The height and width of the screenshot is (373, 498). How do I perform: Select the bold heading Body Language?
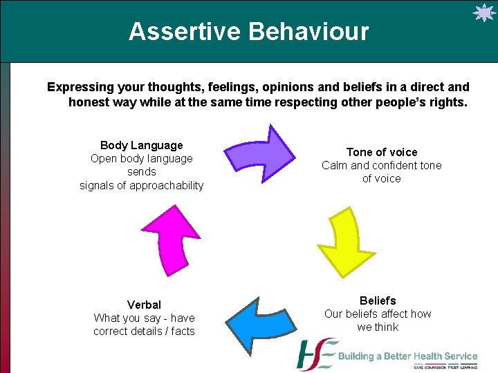[141, 145]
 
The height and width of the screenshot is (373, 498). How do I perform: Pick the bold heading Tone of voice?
[382, 152]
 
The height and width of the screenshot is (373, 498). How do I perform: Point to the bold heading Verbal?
[144, 305]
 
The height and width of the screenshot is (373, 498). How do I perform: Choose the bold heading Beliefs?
[378, 300]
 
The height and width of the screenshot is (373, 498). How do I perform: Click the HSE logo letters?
[316, 355]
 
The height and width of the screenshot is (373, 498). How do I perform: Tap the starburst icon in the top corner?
[482, 14]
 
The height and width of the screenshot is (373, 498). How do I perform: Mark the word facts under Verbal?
[183, 331]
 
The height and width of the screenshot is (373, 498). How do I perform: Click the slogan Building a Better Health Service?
[407, 356]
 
